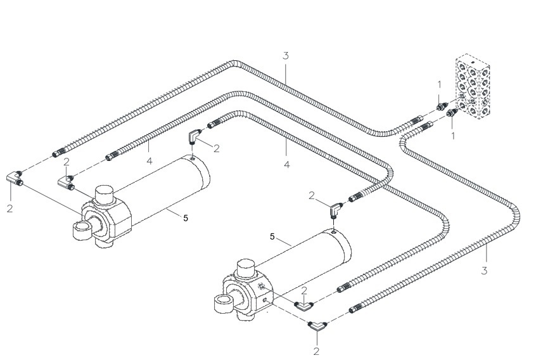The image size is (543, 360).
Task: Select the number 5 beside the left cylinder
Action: tap(186, 218)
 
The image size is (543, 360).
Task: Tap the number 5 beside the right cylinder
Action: tap(272, 236)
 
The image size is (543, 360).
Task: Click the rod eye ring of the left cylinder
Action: tap(82, 231)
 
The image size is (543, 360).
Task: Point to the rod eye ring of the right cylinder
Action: tap(224, 304)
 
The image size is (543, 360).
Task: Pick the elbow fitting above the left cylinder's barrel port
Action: tap(195, 136)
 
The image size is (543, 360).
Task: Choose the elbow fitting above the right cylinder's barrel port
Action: tap(335, 210)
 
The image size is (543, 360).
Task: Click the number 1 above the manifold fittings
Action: tap(440, 84)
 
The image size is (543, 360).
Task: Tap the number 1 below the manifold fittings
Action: tap(453, 136)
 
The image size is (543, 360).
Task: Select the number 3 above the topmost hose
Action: tap(285, 55)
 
